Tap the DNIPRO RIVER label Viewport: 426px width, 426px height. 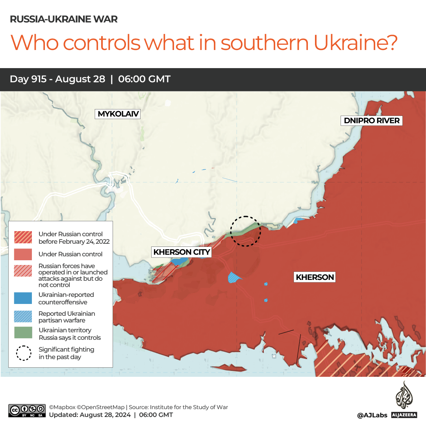[372, 120]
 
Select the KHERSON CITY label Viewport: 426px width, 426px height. [182, 252]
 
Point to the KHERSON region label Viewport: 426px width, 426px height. [315, 277]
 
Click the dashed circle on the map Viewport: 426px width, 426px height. [246, 231]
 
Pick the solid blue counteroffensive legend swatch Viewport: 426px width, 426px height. [23, 298]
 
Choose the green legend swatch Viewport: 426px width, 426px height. [23, 333]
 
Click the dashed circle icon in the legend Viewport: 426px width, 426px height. [24, 353]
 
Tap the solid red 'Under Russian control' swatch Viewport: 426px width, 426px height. [23, 254]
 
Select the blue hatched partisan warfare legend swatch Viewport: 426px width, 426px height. [23, 316]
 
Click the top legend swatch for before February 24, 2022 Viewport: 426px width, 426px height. [23, 237]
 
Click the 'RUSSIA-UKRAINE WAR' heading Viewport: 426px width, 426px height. [63, 19]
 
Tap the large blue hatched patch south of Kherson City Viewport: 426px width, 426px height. [235, 277]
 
